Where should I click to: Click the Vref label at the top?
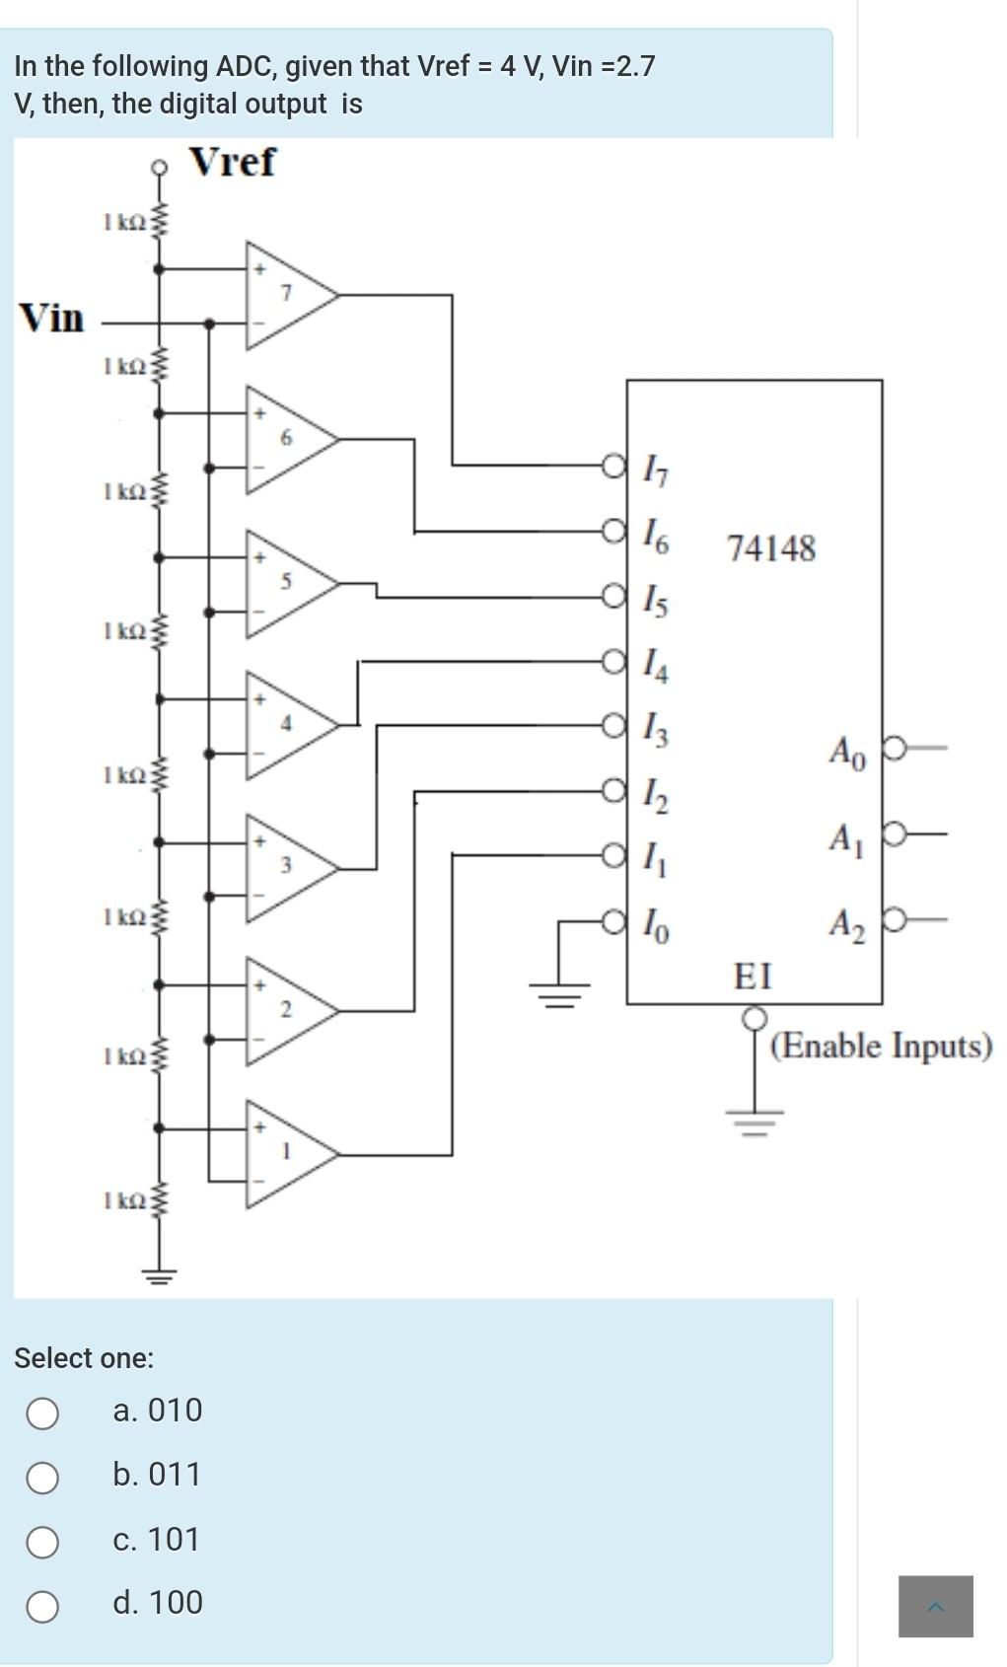[x=232, y=162]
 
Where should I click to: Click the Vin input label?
[x=52, y=319]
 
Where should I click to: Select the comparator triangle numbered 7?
[x=285, y=294]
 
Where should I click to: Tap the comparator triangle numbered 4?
[x=285, y=725]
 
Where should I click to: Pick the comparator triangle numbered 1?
[x=285, y=1152]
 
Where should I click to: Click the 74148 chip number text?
[x=771, y=548]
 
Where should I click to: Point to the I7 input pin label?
[x=656, y=469]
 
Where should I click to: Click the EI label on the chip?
[x=753, y=978]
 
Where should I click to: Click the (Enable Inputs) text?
[x=881, y=1046]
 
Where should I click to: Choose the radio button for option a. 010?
[x=42, y=1413]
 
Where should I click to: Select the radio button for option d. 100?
[x=42, y=1606]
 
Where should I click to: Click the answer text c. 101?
[x=156, y=1540]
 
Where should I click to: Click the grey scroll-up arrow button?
[x=935, y=1606]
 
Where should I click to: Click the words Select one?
[x=84, y=1358]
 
